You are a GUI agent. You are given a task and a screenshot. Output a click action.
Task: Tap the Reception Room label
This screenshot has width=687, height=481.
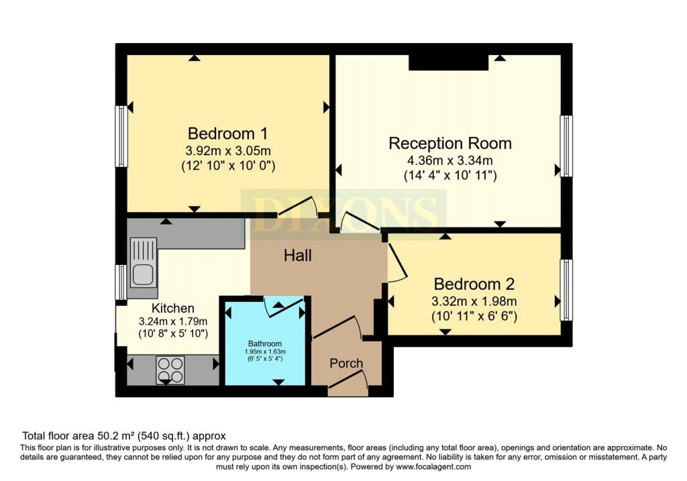click(x=450, y=144)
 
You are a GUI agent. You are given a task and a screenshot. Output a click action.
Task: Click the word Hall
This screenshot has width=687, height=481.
click(x=297, y=256)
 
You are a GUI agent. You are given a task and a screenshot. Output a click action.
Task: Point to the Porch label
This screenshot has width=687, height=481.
click(x=346, y=363)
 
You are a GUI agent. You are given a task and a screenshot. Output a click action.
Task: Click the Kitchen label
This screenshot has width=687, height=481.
click(x=172, y=308)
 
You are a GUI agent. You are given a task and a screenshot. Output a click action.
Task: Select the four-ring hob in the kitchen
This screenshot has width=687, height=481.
click(x=170, y=370)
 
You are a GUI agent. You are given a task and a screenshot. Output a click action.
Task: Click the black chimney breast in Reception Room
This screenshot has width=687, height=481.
click(x=448, y=62)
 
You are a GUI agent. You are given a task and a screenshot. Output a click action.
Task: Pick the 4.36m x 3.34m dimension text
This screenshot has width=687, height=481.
click(x=450, y=161)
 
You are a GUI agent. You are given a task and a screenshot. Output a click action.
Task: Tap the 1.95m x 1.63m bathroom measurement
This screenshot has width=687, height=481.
click(x=264, y=352)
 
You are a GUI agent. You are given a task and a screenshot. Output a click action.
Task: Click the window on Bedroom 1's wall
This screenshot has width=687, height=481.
click(x=121, y=136)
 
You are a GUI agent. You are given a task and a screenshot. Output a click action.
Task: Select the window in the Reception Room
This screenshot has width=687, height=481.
click(x=567, y=146)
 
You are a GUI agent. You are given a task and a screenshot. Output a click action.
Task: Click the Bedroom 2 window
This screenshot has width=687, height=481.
click(x=567, y=290)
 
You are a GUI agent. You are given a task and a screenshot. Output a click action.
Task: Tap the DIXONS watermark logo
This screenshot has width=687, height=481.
click(x=343, y=211)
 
